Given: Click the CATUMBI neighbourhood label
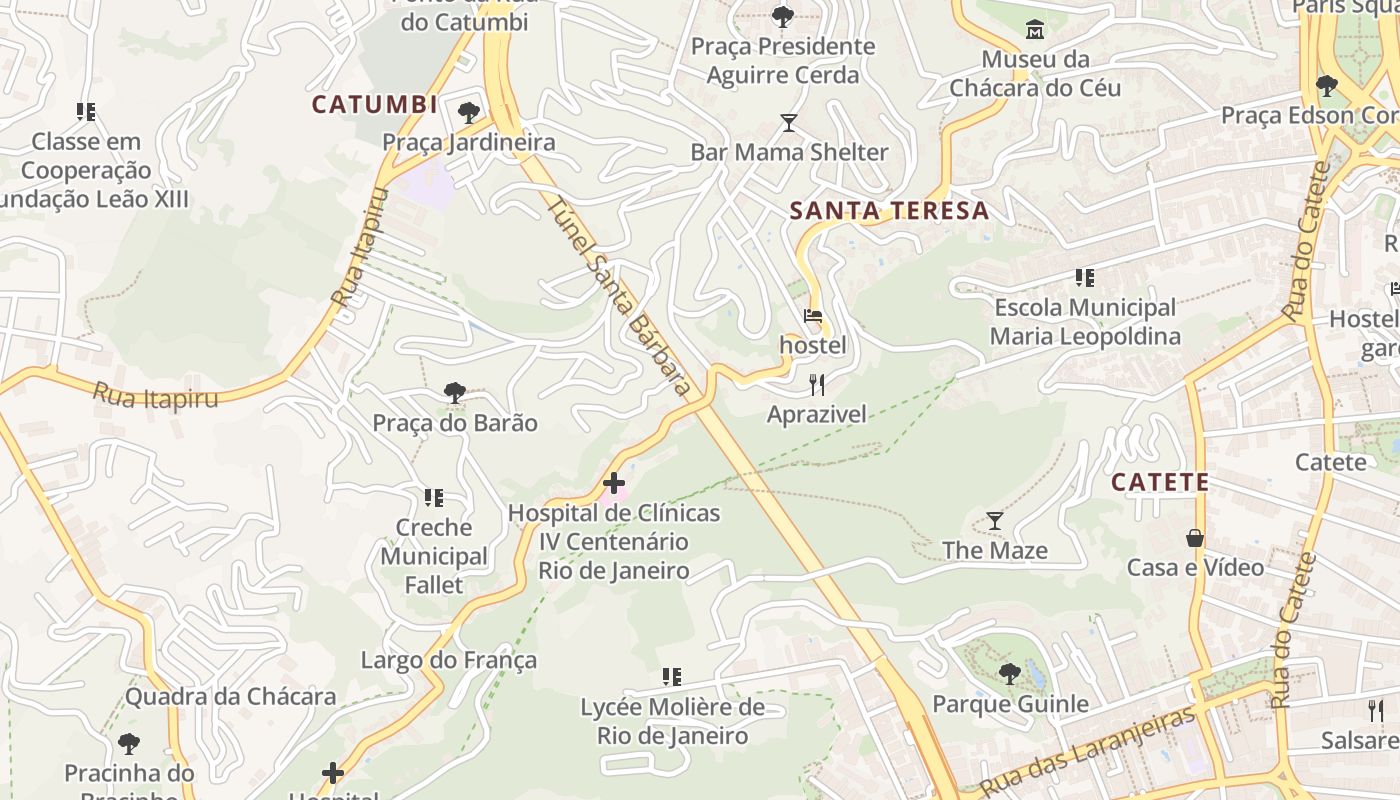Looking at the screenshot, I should pos(375,104).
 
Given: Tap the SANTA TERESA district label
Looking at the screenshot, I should pos(889,211).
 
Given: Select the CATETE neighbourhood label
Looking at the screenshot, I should pos(1160,482).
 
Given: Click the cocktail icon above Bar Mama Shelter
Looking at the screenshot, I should pos(789,123).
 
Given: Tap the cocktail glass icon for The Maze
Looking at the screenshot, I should pos(995,521).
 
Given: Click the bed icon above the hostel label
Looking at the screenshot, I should pos(813,317).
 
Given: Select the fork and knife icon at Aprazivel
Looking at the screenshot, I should pos(817,385).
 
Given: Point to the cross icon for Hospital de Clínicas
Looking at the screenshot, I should pos(614,484).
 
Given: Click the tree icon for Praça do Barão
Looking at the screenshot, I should pos(455,393).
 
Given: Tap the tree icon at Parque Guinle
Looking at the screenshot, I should pos(1010,674).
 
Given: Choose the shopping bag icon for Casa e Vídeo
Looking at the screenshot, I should pos(1195,538).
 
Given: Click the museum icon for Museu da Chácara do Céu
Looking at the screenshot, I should pos(1035,30).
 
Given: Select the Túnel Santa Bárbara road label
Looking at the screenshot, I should pos(620,294).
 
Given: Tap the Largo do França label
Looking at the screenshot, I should pos(449,660).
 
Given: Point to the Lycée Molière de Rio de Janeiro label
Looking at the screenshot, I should pos(673,722).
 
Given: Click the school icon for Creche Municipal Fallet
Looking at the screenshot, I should pos(434,497).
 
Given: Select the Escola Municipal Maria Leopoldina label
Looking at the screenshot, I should pos(1085,322).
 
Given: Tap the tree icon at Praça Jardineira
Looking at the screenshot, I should pos(468,112).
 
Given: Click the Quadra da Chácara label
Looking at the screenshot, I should pos(230,697).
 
